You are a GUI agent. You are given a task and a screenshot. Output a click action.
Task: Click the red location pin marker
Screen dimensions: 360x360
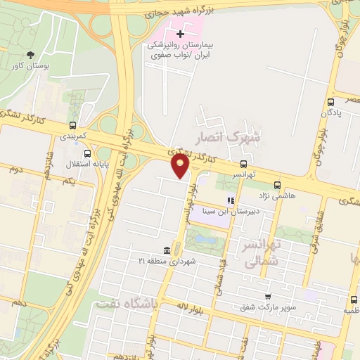click(x=181, y=165)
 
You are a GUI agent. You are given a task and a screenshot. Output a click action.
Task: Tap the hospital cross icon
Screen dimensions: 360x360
click(x=181, y=33)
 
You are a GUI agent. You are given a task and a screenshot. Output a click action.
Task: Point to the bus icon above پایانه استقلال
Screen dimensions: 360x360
click(x=87, y=153)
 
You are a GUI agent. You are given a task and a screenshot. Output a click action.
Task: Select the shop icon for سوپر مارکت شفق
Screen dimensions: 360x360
click(x=267, y=297)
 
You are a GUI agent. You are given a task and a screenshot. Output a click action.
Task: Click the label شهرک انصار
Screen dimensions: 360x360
click(x=236, y=138)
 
